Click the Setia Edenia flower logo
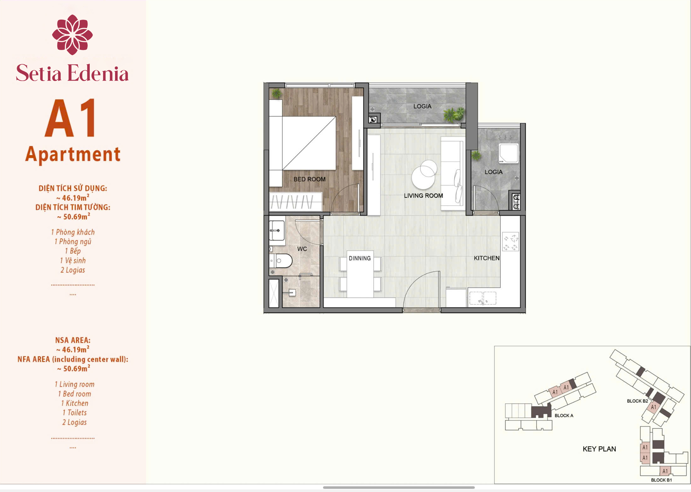pyautogui.click(x=72, y=34)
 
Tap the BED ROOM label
pyautogui.click(x=309, y=179)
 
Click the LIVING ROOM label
pyautogui.click(x=423, y=196)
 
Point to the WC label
pyautogui.click(x=302, y=249)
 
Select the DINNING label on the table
pyautogui.click(x=360, y=258)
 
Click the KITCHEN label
pyautogui.click(x=486, y=258)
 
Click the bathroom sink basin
pyautogui.click(x=277, y=231)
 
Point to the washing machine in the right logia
pyautogui.click(x=509, y=153)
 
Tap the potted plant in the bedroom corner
pyautogui.click(x=277, y=93)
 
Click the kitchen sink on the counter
pyautogui.click(x=483, y=298)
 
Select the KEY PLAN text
pyautogui.click(x=599, y=449)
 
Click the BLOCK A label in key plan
pyautogui.click(x=564, y=415)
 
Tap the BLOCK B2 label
pyautogui.click(x=637, y=401)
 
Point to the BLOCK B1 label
pyautogui.click(x=661, y=480)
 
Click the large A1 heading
pyautogui.click(x=70, y=118)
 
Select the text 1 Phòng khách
pyautogui.click(x=73, y=232)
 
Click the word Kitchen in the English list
pyautogui.click(x=77, y=403)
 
